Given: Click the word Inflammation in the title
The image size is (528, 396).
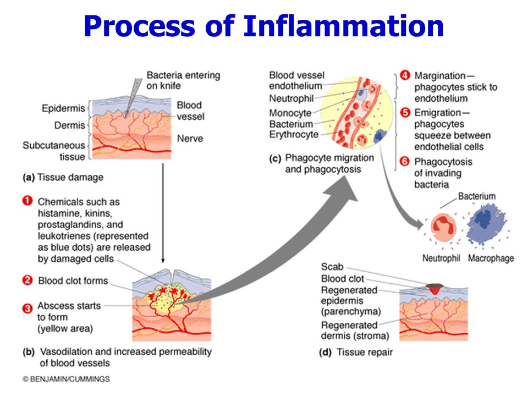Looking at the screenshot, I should [x=343, y=26].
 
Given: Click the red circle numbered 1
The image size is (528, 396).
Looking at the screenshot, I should [x=28, y=201].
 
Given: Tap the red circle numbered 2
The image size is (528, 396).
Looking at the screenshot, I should [x=28, y=280].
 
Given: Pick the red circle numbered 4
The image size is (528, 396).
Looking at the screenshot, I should [x=405, y=75].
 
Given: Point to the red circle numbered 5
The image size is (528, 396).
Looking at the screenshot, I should [x=405, y=113].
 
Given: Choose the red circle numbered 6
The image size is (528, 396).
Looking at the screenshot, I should [x=405, y=162].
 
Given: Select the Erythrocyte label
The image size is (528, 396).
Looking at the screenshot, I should [x=294, y=135].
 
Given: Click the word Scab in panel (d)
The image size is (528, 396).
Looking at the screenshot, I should [x=332, y=267].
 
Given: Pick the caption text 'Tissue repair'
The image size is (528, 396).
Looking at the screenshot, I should [x=365, y=352].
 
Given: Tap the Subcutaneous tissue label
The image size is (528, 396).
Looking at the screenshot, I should [x=54, y=151].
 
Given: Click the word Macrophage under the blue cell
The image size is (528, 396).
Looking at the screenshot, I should [x=491, y=258].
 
